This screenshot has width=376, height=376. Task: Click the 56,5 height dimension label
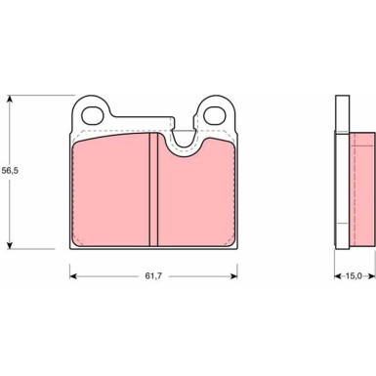click(10, 170)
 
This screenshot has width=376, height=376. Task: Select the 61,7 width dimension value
click(153, 276)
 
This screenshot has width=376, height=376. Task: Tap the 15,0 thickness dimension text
click(354, 276)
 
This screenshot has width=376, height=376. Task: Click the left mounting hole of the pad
click(92, 115)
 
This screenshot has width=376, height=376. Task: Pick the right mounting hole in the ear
click(216, 115)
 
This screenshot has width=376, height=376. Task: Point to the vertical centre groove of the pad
click(153, 190)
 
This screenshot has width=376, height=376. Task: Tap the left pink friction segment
click(110, 190)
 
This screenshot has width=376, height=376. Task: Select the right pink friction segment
click(196, 193)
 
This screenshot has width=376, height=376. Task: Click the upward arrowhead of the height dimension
click(10, 99)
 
